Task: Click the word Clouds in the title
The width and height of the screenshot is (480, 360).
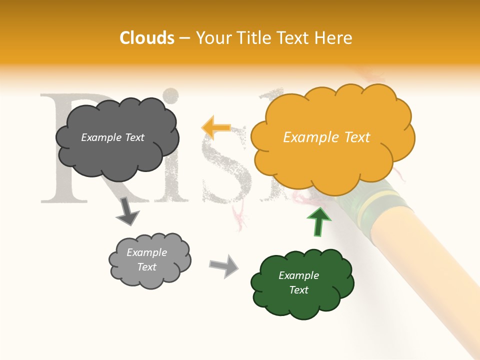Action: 147,38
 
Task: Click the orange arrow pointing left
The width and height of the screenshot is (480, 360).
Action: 216,127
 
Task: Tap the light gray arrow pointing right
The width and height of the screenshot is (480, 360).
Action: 224,265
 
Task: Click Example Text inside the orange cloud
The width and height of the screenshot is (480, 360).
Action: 326,137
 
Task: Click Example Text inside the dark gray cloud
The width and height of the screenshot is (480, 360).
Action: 112,137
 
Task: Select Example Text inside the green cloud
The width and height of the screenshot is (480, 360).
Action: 298,282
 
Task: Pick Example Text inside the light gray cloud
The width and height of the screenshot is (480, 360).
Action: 146,259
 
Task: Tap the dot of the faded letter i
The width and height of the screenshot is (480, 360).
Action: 171,95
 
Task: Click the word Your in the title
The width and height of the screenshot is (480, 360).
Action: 212,38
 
